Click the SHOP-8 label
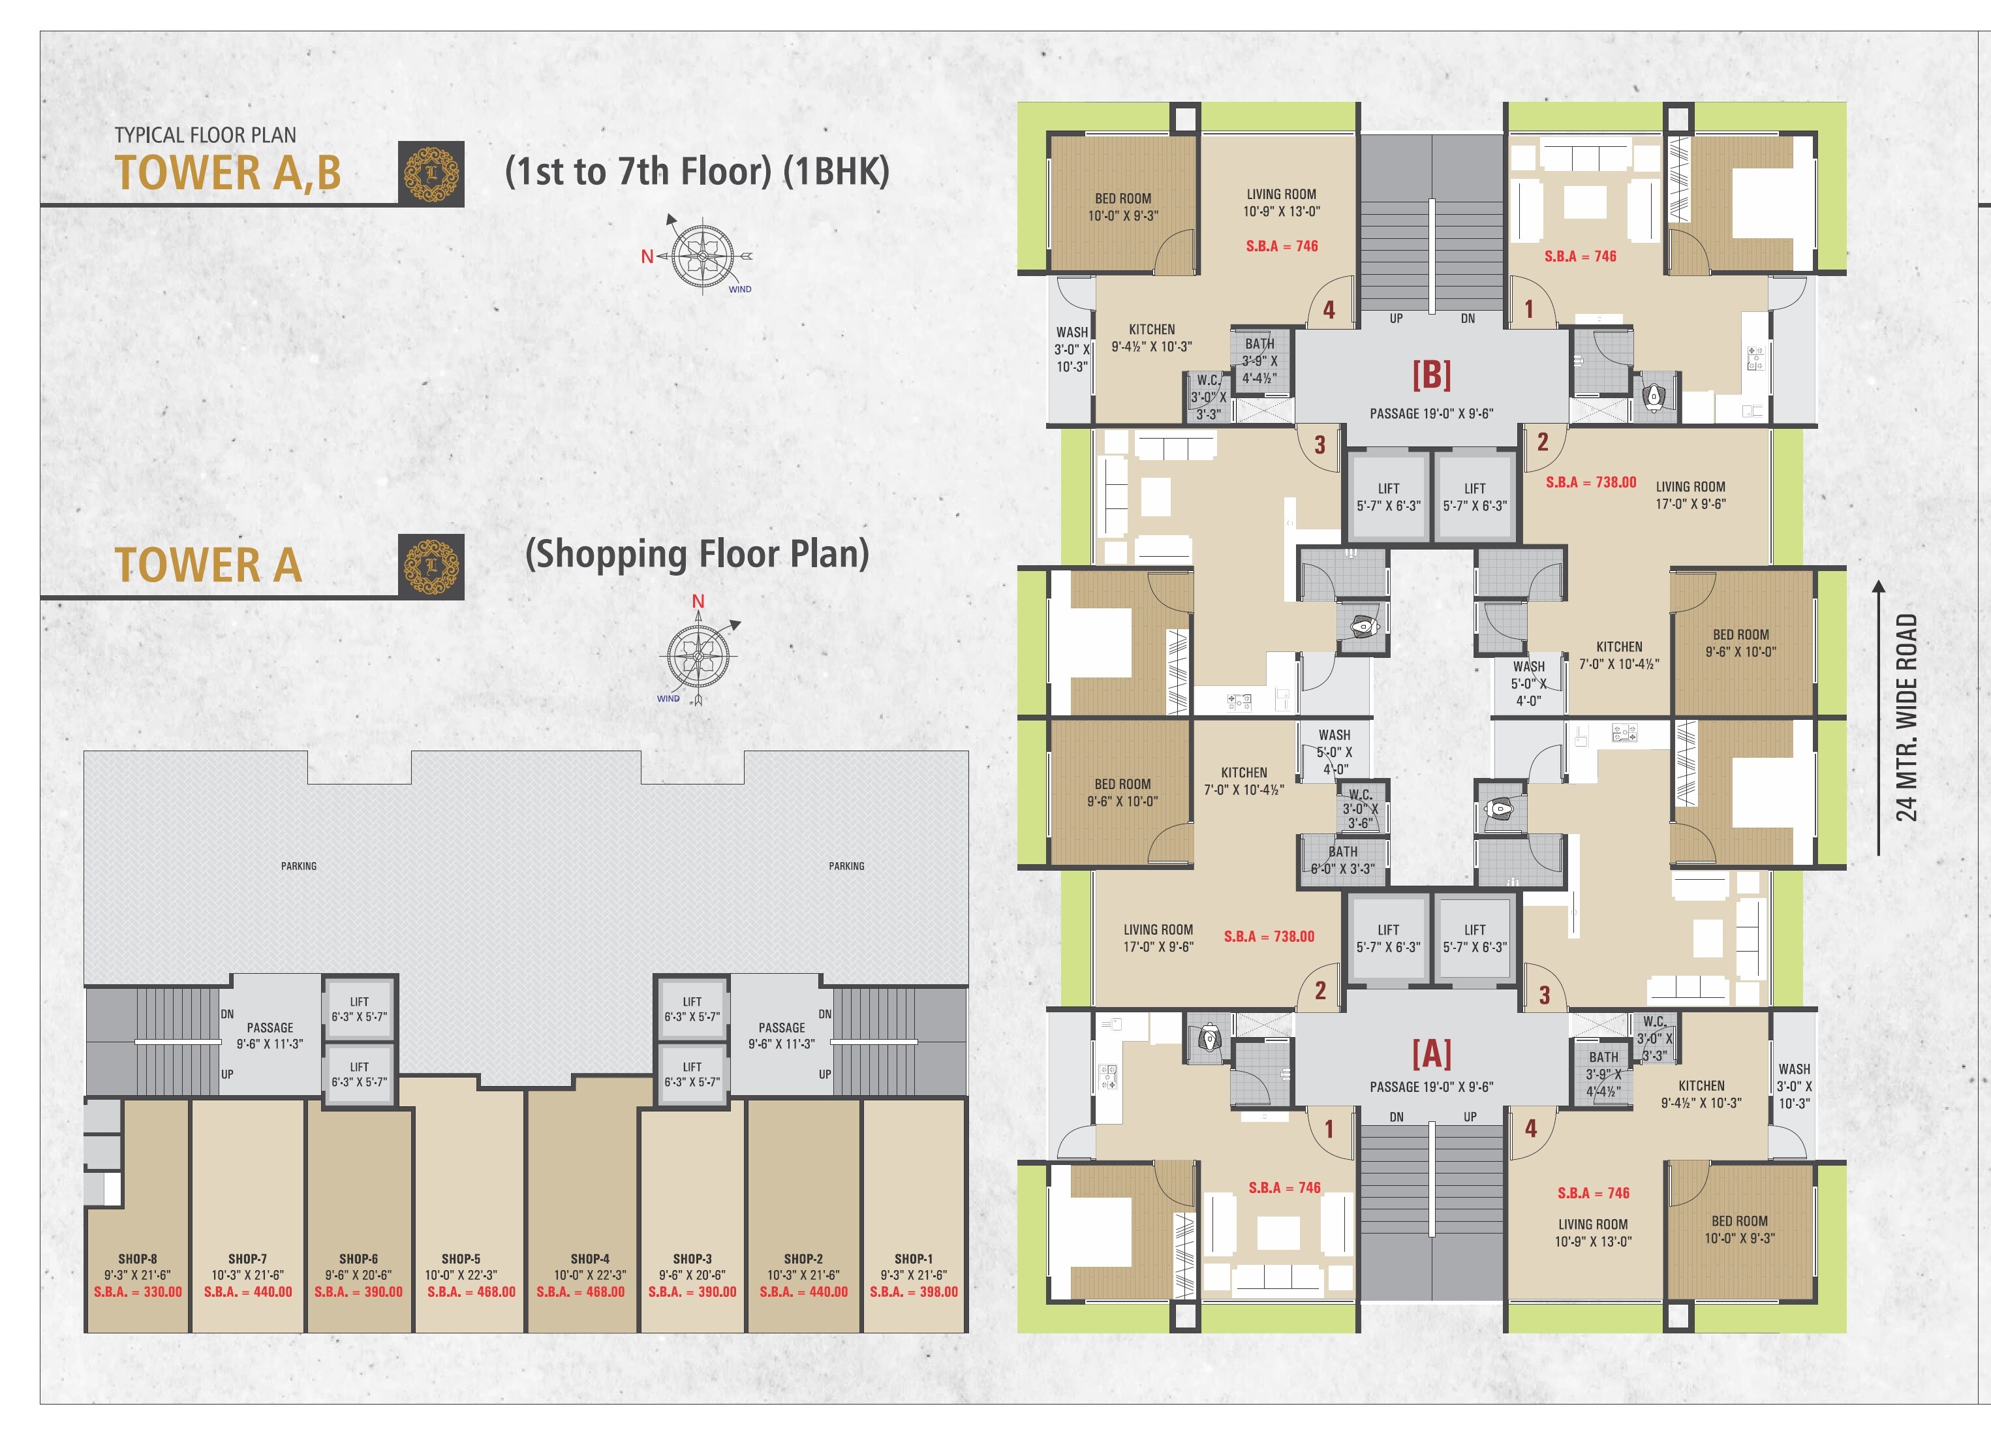(x=138, y=1258)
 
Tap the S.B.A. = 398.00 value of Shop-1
(x=913, y=1292)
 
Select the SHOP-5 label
(x=461, y=1258)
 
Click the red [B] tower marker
(x=1431, y=375)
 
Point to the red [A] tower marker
(x=1431, y=1053)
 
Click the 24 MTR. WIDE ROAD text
(x=1907, y=717)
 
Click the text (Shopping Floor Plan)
(x=696, y=554)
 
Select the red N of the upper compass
(x=647, y=256)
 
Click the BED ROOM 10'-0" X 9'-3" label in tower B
(x=1123, y=207)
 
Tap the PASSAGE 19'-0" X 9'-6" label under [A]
(x=1431, y=1087)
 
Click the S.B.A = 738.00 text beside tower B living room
(x=1591, y=482)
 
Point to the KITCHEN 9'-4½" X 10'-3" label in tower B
(x=1151, y=338)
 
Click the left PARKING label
(x=298, y=865)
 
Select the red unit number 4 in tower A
(x=1531, y=1129)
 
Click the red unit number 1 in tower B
(x=1528, y=309)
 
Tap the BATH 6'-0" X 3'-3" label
(x=1342, y=860)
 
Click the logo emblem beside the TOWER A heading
(x=431, y=567)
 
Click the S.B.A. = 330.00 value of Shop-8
(x=138, y=1292)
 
